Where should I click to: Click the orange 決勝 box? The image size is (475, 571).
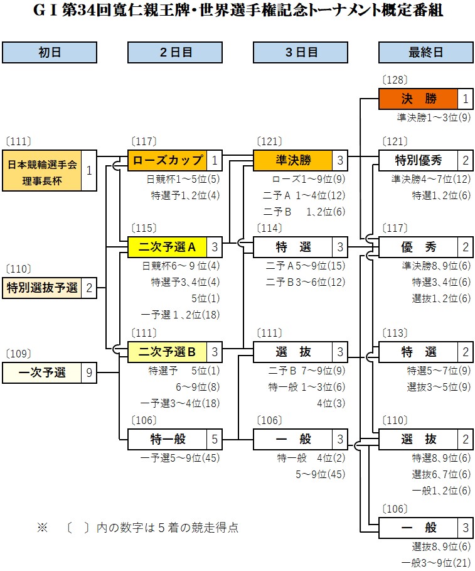419,99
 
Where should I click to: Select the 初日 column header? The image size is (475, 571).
50,53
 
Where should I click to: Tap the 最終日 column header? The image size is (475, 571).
425,53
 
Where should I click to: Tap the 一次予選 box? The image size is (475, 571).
42,373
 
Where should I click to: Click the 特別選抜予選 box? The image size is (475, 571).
42,288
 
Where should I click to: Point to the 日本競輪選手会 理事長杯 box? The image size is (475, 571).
42,170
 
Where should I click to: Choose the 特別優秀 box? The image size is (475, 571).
419,160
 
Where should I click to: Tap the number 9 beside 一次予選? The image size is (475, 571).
89,373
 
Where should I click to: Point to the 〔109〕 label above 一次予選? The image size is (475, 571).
18,354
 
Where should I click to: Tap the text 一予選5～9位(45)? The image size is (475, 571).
179,458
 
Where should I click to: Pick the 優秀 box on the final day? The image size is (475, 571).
419,247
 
